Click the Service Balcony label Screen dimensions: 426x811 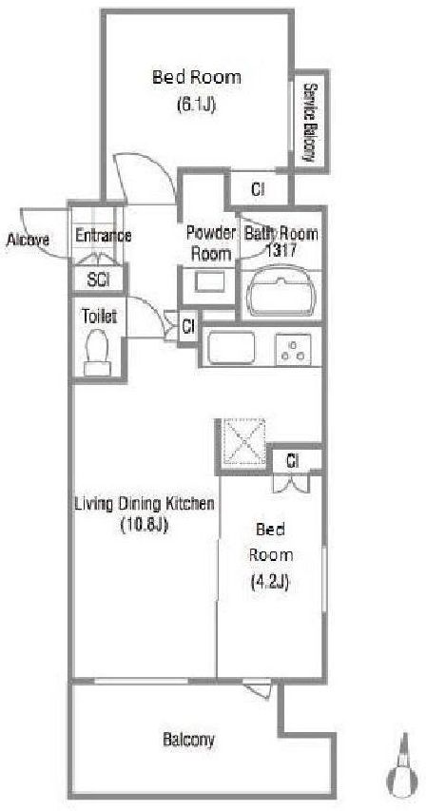click(310, 122)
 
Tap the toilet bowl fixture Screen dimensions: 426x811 click(97, 352)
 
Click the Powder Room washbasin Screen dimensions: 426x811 click(209, 280)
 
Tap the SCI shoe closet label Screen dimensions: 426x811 click(98, 280)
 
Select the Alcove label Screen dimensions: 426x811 click(28, 240)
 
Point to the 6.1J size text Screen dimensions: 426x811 click(196, 105)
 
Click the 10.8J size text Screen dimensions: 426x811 click(145, 526)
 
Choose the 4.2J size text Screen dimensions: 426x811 click(269, 583)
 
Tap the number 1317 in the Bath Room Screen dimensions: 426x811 click(281, 251)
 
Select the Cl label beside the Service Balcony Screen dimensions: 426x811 click(258, 190)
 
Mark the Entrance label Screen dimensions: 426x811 click(103, 236)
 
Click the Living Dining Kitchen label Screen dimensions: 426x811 click(145, 503)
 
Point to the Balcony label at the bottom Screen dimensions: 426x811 click(188, 740)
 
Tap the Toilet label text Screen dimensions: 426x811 click(98, 317)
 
